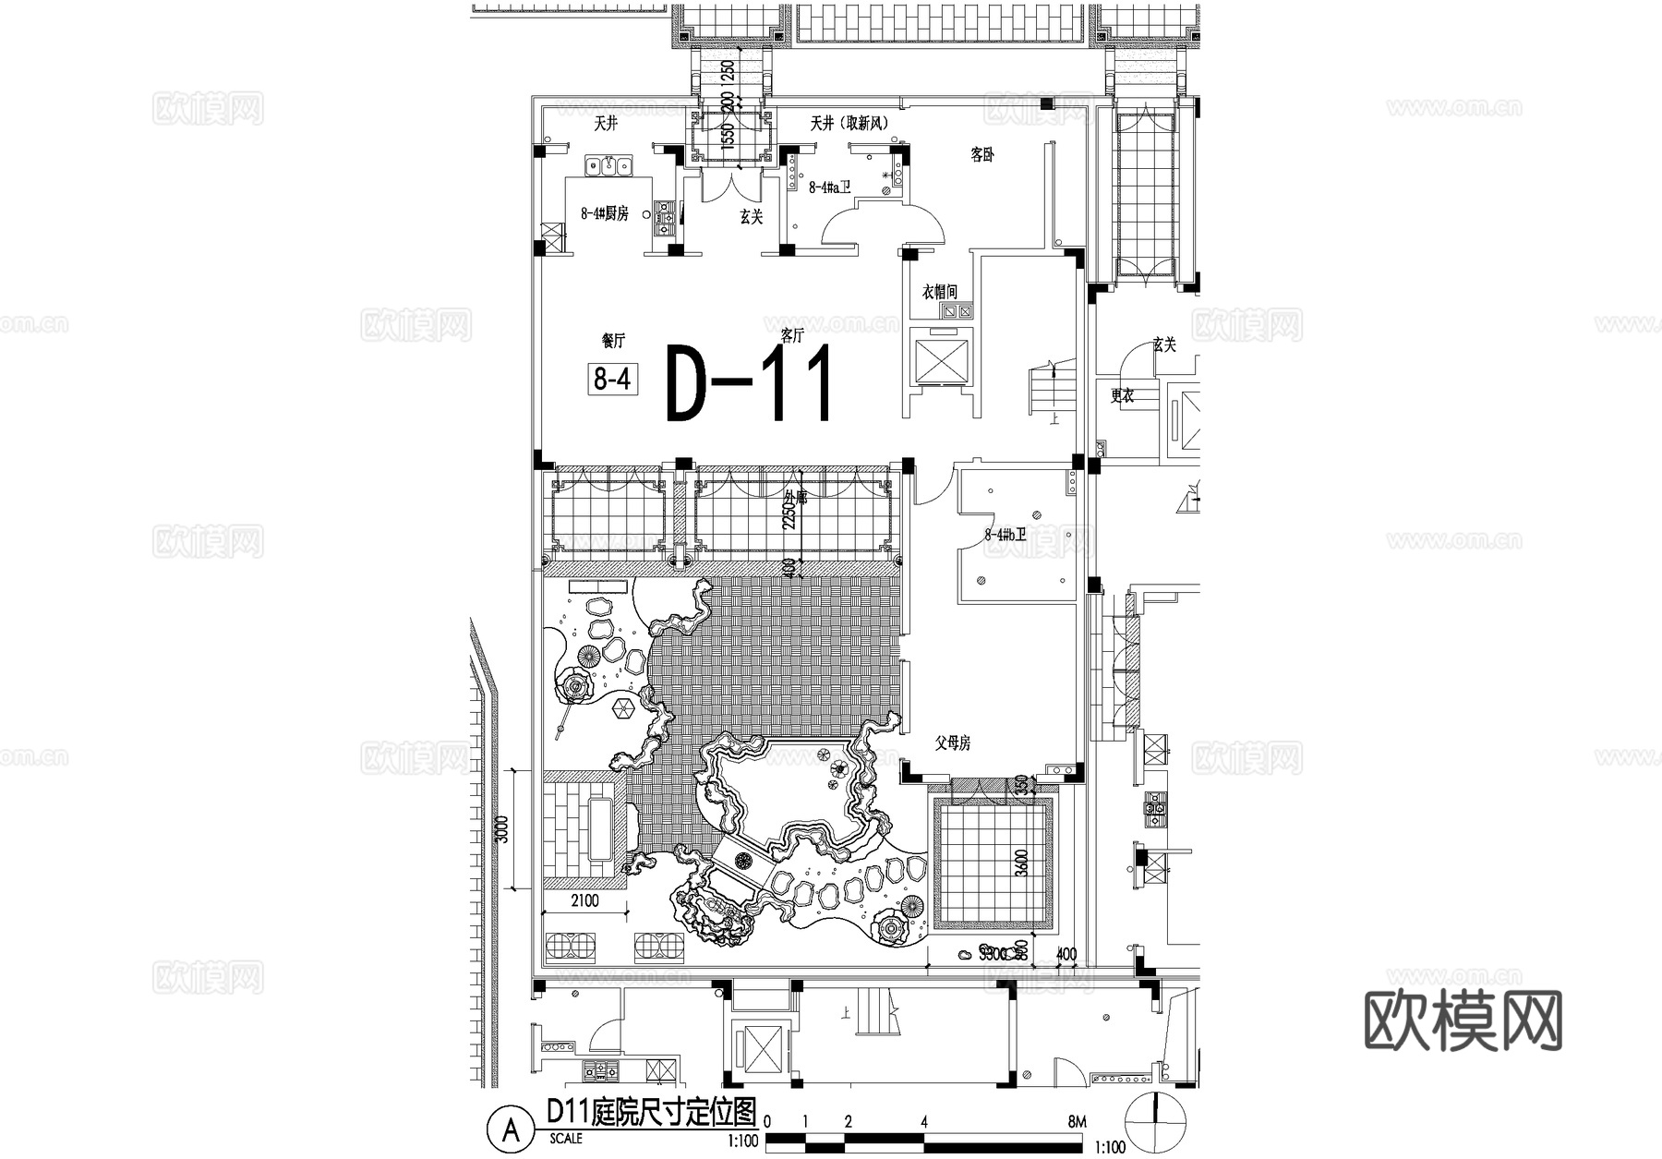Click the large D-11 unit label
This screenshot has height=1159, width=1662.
pyautogui.click(x=750, y=383)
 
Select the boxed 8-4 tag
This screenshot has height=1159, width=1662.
pyautogui.click(x=612, y=379)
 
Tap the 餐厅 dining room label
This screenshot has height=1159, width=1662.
pyautogui.click(x=613, y=341)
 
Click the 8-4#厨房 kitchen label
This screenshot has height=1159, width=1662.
pyautogui.click(x=604, y=213)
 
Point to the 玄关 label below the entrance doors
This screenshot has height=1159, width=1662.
pyautogui.click(x=752, y=217)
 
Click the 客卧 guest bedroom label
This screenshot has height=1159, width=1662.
pyautogui.click(x=982, y=155)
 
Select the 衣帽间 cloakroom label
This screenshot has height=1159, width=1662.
pyautogui.click(x=940, y=292)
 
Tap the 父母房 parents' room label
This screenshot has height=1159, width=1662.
pyautogui.click(x=952, y=742)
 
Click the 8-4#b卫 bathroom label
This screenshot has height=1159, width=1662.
pyautogui.click(x=1006, y=534)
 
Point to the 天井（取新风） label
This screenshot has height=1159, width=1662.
pyautogui.click(x=849, y=123)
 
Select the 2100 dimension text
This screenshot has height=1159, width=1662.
pyautogui.click(x=584, y=900)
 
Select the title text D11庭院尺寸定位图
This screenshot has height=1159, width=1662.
pyautogui.click(x=651, y=1111)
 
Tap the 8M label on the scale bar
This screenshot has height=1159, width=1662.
pyautogui.click(x=1076, y=1122)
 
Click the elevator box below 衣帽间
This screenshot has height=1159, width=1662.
pyautogui.click(x=940, y=359)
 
